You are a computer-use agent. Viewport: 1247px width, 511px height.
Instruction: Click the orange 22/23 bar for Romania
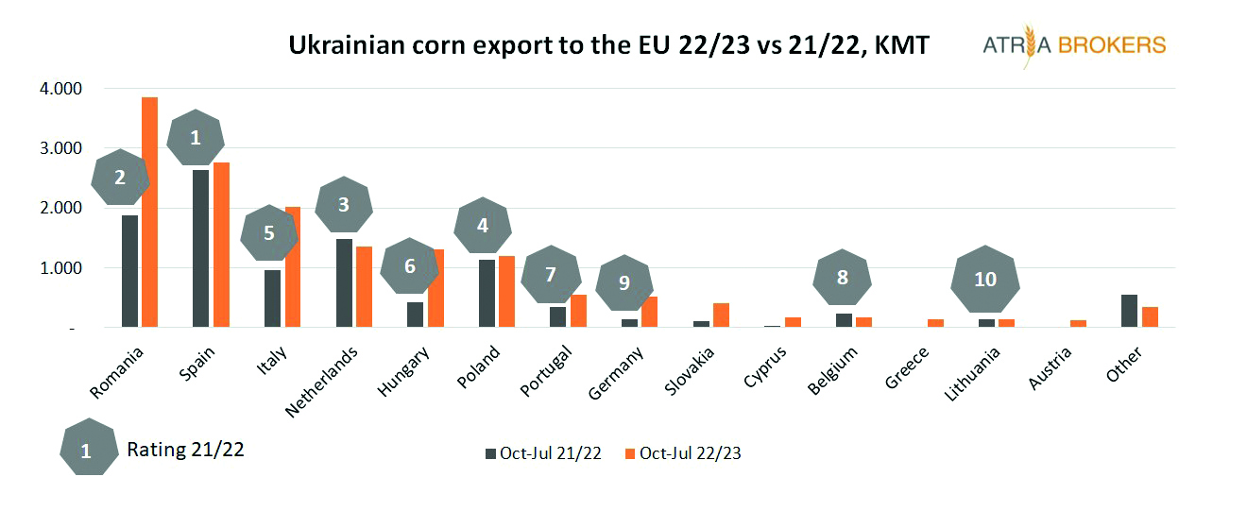149,213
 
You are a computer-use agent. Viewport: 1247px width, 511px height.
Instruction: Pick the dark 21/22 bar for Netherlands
344,283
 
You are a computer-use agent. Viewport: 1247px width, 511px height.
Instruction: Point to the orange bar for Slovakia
721,315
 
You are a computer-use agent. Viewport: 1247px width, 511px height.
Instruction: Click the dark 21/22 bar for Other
1129,312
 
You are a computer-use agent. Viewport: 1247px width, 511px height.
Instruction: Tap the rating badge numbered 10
984,280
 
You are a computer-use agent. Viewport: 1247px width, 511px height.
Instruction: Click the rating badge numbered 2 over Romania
120,178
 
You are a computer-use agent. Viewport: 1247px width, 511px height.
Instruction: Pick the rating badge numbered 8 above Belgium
842,278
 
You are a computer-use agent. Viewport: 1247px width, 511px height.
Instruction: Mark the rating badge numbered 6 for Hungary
409,266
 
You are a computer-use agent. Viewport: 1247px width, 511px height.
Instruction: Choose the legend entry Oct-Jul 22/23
689,453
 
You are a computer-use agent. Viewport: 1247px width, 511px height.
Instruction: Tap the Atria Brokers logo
1074,45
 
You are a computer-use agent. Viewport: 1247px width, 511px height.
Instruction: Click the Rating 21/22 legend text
185,450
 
